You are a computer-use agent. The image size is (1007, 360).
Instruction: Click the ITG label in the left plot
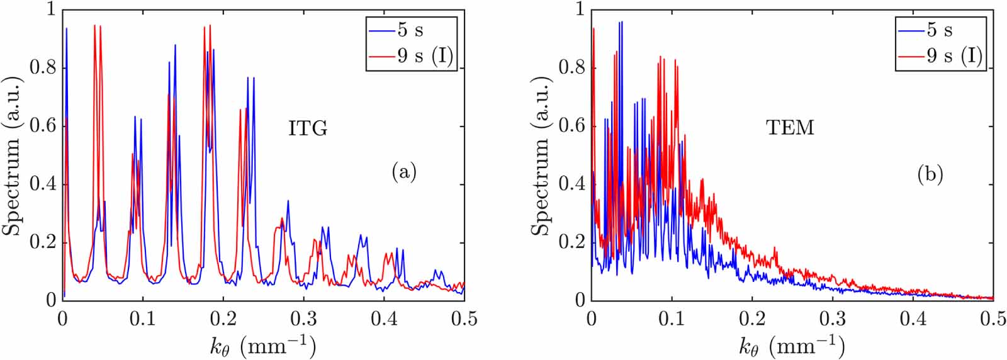pyautogui.click(x=308, y=128)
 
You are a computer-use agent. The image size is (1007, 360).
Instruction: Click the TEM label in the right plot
pyautogui.click(x=790, y=128)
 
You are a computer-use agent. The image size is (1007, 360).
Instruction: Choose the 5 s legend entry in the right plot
pyautogui.click(x=939, y=30)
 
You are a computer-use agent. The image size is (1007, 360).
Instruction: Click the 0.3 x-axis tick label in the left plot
pyautogui.click(x=303, y=319)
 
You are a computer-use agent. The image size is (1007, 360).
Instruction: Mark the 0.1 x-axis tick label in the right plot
pyautogui.click(x=672, y=319)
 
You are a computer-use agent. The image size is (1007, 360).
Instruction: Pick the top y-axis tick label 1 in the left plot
pyautogui.click(x=50, y=10)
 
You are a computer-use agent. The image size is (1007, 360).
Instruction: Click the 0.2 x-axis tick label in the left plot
pyautogui.click(x=223, y=319)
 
